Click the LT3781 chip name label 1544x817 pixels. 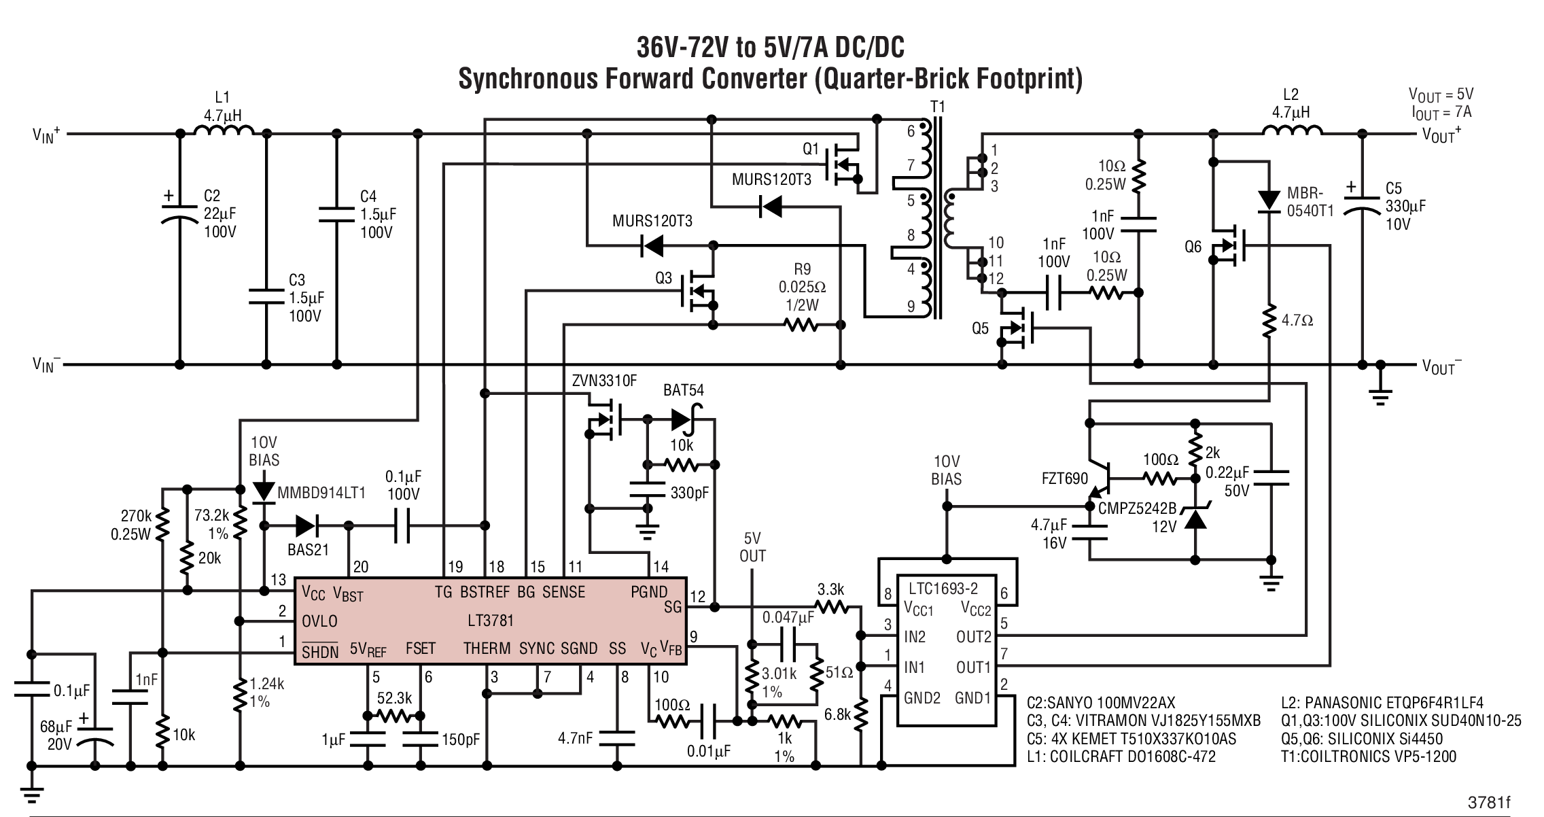[x=491, y=620]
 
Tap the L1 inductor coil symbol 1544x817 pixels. [x=224, y=131]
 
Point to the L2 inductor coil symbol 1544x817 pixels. [x=1292, y=131]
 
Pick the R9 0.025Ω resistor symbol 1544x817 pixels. [x=801, y=326]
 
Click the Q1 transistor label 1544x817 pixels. [x=811, y=149]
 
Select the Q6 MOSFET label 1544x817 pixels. [x=1193, y=247]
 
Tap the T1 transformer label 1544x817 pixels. [x=937, y=107]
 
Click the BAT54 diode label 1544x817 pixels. [x=684, y=390]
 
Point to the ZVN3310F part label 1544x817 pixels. [x=604, y=381]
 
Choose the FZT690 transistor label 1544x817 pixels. [x=1065, y=479]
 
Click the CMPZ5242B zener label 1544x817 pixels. [x=1136, y=508]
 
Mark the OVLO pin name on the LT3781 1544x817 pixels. [x=319, y=621]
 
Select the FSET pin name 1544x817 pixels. [x=420, y=648]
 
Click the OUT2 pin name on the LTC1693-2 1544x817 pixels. [x=973, y=637]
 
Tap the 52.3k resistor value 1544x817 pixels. [x=394, y=698]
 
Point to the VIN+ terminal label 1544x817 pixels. [x=46, y=135]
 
